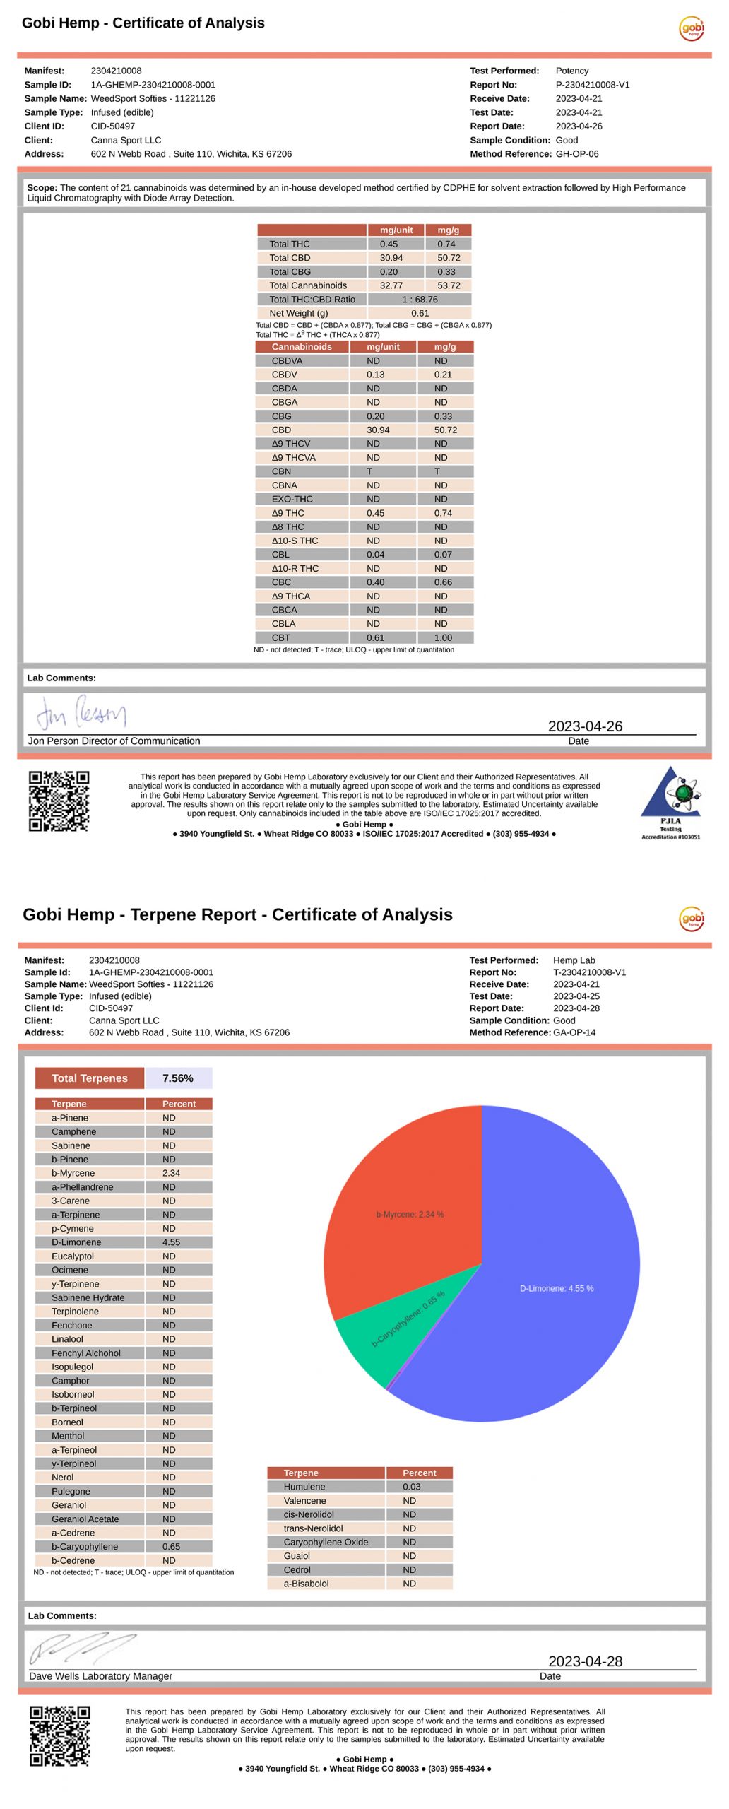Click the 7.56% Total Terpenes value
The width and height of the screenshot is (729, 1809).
177,1078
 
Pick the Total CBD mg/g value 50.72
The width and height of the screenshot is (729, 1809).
448,258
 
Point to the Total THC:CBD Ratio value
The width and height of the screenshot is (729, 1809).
420,300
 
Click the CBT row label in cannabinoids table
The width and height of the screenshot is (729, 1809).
280,637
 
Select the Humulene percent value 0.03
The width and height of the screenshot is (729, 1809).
411,1486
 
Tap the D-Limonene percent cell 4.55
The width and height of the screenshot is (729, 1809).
171,1242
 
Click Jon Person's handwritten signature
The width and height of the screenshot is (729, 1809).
81,713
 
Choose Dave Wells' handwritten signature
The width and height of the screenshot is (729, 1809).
81,1646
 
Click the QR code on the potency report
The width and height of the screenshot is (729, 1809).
59,801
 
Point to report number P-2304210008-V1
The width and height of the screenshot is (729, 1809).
592,85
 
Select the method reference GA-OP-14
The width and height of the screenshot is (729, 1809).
574,1032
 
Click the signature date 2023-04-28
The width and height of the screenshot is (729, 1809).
585,1661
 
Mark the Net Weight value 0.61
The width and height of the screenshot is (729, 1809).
420,313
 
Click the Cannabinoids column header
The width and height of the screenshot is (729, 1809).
302,347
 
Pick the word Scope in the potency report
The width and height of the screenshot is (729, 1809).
42,188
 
